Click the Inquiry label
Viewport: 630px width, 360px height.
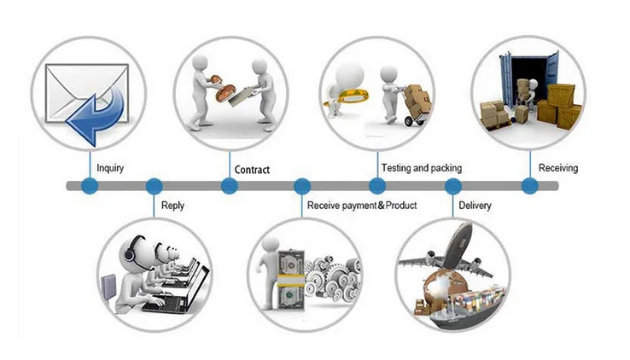(x=110, y=168)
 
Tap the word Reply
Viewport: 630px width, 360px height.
(x=172, y=206)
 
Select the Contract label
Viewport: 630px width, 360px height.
(x=252, y=170)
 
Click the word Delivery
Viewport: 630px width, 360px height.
(x=475, y=206)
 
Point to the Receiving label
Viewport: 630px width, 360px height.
(x=557, y=168)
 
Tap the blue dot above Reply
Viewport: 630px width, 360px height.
(x=155, y=186)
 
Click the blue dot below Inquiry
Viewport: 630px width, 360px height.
(x=89, y=186)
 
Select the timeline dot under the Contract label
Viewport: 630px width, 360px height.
(x=229, y=186)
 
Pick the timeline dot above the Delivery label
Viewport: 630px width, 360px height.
(x=453, y=186)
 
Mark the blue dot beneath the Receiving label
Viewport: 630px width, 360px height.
(x=529, y=186)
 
